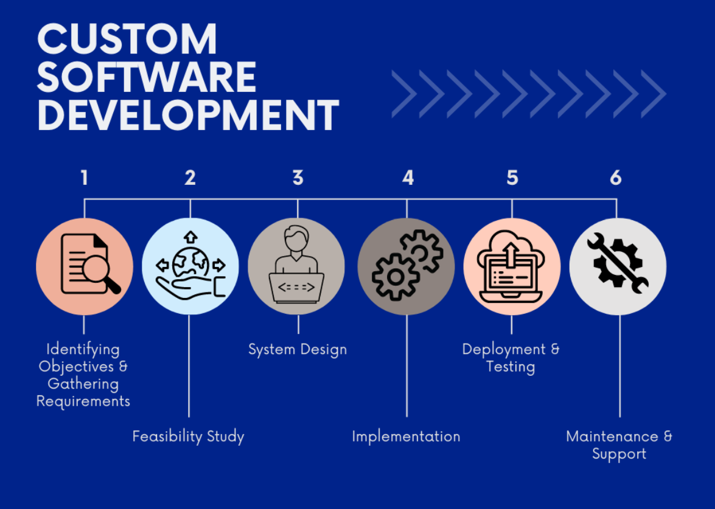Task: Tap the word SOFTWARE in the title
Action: pos(147,77)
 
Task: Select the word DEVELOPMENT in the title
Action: pos(188,115)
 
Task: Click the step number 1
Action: pos(85,178)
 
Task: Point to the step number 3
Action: pos(298,178)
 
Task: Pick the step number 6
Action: pos(616,178)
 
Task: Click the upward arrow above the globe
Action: pos(190,237)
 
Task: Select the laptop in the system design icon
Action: pos(296,288)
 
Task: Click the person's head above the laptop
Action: pos(296,238)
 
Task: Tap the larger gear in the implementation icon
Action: pos(396,277)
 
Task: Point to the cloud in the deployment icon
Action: pos(511,250)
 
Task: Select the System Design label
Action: pos(298,350)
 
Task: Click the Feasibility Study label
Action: pos(188,437)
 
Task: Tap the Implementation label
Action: pos(406,437)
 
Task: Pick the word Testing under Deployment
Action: pos(511,367)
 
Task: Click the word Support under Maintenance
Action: pos(619,454)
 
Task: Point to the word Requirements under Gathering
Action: pos(83,401)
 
